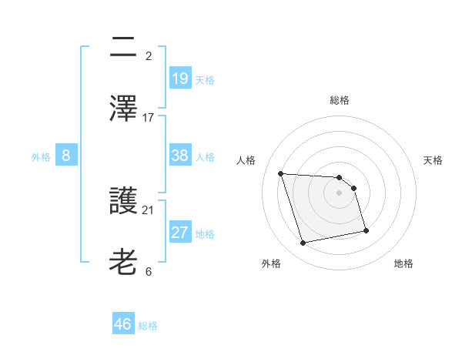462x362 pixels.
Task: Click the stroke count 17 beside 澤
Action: click(x=149, y=117)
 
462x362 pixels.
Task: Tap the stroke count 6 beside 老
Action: click(x=149, y=271)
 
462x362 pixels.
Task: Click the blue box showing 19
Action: click(x=179, y=79)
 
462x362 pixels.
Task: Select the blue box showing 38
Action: click(x=179, y=156)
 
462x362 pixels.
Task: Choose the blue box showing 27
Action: click(x=179, y=233)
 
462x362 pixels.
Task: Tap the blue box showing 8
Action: click(x=66, y=156)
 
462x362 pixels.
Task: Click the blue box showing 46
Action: click(x=123, y=324)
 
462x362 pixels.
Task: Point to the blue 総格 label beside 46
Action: click(x=148, y=326)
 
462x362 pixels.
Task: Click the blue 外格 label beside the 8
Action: click(x=41, y=157)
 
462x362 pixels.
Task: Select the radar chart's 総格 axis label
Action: click(x=340, y=100)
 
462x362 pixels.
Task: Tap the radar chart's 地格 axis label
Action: click(x=403, y=263)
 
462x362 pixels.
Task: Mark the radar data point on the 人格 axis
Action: click(x=281, y=173)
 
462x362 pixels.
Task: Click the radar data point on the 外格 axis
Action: click(x=303, y=243)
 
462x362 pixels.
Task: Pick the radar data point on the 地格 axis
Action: click(x=366, y=230)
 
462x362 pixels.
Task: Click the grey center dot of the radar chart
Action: click(x=340, y=193)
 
